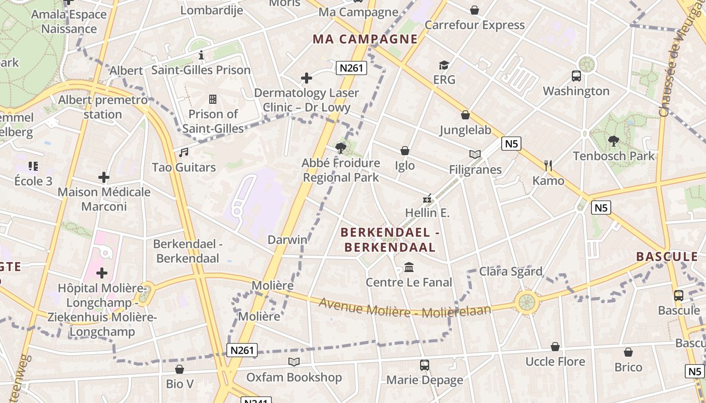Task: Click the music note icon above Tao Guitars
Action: [x=184, y=152]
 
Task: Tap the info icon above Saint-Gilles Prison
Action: [x=201, y=55]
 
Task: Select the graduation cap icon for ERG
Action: [x=444, y=65]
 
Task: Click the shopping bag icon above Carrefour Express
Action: [x=475, y=10]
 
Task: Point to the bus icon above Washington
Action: [x=576, y=76]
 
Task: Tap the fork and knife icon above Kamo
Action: [x=548, y=165]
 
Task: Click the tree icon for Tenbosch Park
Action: [x=613, y=141]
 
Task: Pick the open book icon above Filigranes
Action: [x=475, y=155]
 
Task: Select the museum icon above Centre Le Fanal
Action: [x=409, y=267]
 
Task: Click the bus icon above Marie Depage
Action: [x=425, y=365]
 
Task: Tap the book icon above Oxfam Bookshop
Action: [x=294, y=362]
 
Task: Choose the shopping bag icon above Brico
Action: [x=628, y=352]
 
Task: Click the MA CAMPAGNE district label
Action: [x=365, y=39]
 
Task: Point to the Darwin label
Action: [x=287, y=239]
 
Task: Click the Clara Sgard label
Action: [x=510, y=272]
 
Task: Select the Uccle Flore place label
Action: [x=555, y=361]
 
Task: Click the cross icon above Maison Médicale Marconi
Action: [x=104, y=177]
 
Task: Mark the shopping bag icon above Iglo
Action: [x=404, y=151]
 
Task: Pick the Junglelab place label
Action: [x=465, y=130]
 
